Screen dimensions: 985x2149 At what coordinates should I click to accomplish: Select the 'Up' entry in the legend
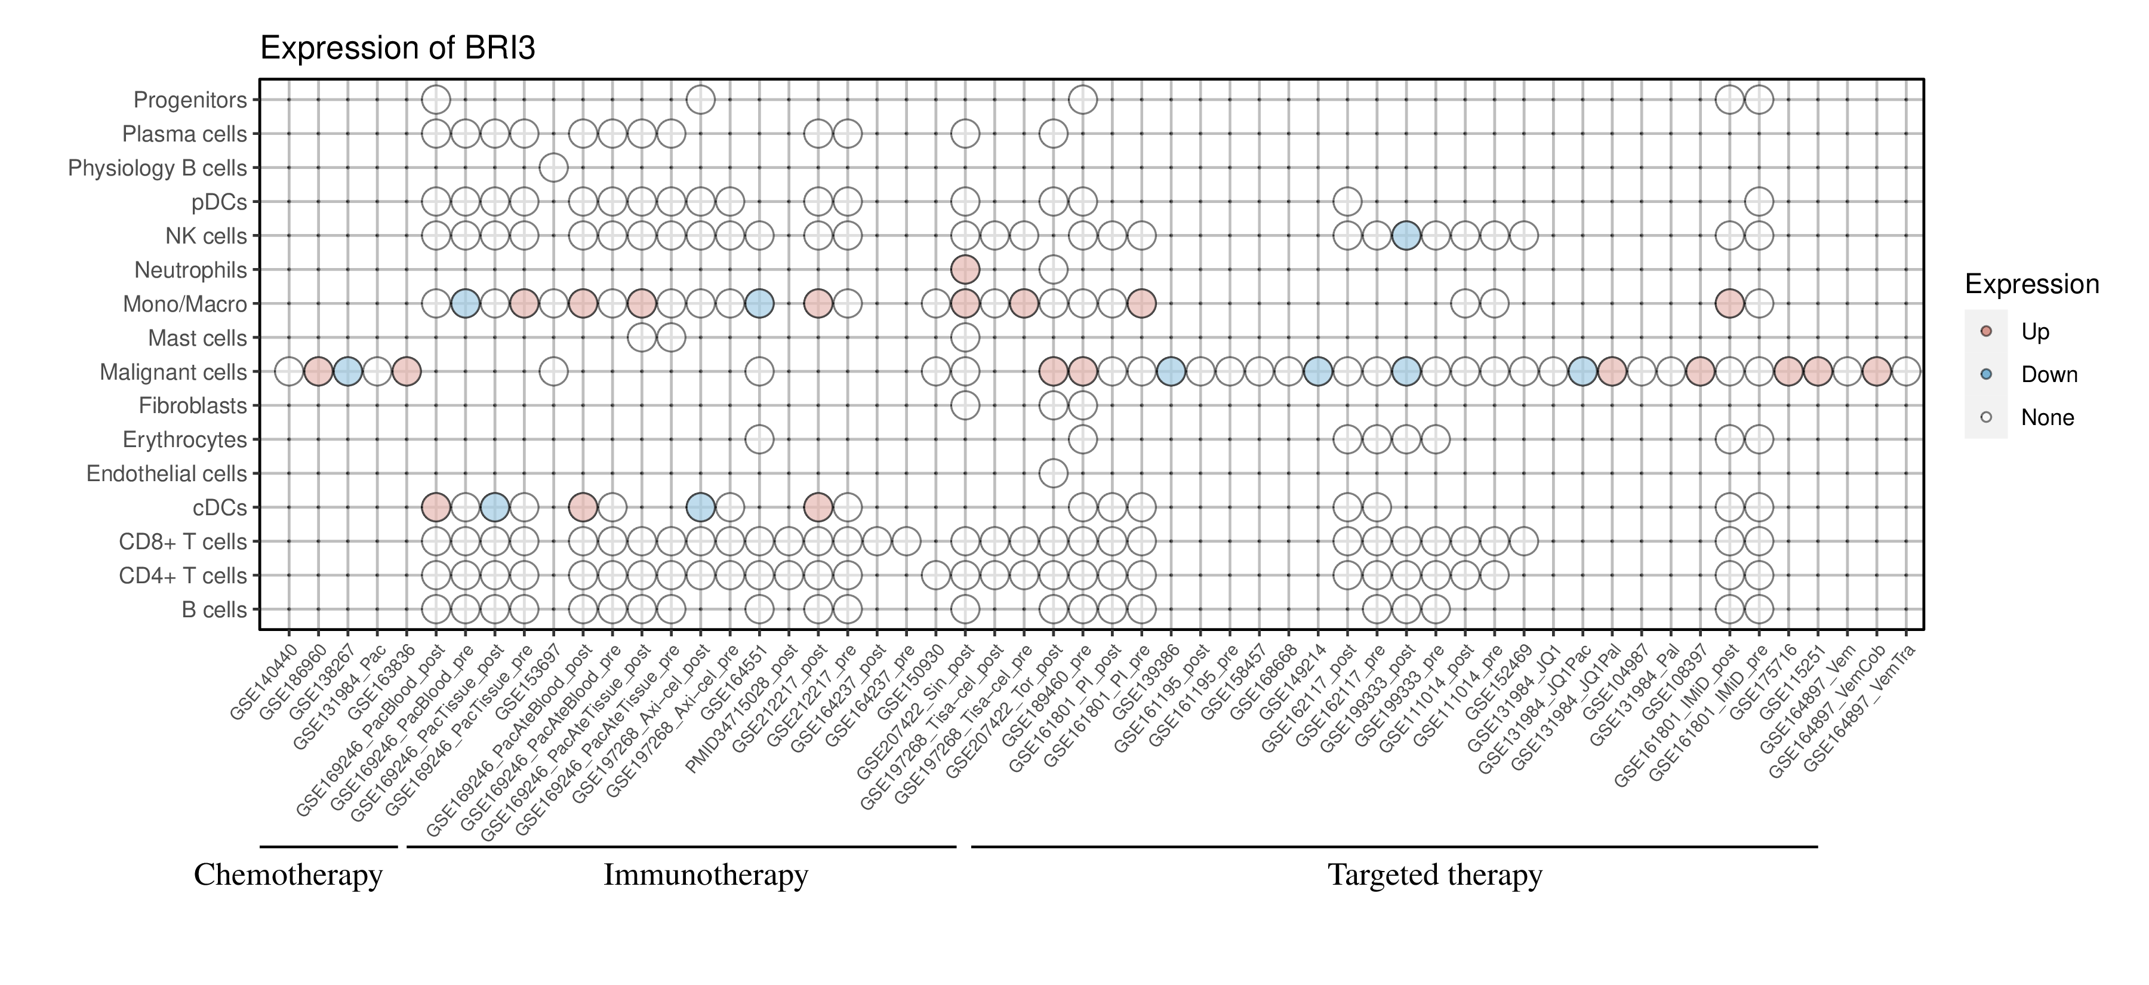click(2035, 331)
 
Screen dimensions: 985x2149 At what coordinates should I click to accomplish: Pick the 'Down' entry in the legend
click(2048, 374)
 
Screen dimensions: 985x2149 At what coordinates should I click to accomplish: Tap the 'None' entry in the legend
click(2046, 418)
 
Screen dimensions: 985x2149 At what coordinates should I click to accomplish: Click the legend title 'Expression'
click(2031, 284)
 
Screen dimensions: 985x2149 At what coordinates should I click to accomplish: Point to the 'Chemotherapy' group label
click(288, 875)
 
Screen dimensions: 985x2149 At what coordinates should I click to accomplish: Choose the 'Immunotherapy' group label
click(706, 875)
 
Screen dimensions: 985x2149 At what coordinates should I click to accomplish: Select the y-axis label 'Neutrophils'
click(190, 270)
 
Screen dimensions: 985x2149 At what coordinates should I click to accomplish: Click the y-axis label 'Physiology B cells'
click(157, 168)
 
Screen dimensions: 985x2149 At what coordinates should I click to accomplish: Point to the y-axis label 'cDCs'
click(220, 508)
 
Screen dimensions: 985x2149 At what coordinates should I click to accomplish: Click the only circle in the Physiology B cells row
click(553, 168)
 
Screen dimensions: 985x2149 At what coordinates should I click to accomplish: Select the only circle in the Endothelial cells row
click(1053, 474)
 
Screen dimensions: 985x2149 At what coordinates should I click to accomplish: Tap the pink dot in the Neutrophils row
click(965, 269)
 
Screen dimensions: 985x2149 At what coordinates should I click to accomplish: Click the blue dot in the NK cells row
click(1406, 236)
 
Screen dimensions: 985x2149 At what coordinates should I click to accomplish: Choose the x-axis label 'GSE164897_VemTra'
click(1859, 709)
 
